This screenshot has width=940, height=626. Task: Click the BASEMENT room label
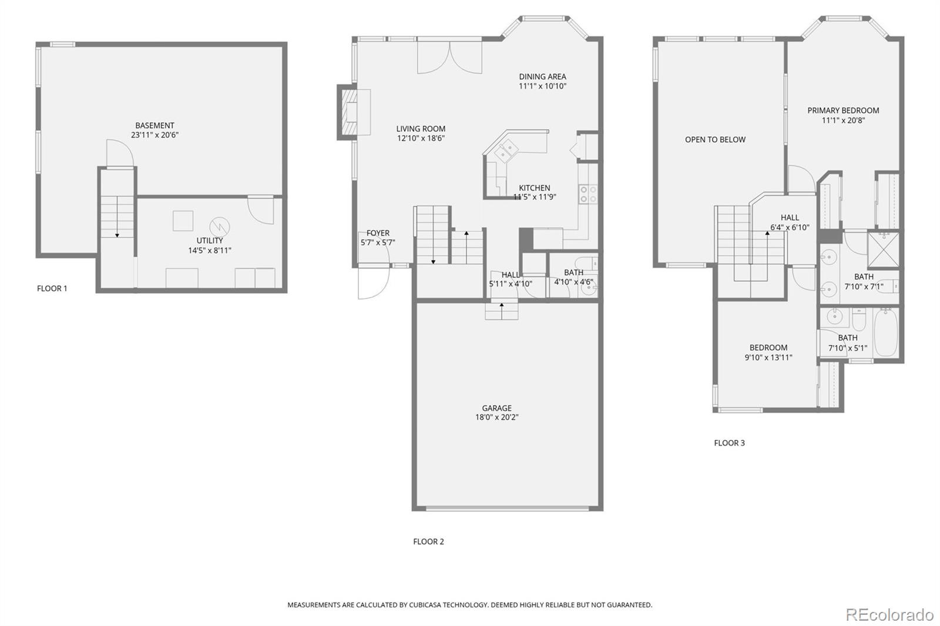155,125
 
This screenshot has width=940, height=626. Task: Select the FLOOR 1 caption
52,288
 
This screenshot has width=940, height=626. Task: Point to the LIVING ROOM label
421,129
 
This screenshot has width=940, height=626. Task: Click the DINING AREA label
542,76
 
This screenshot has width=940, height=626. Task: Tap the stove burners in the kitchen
588,194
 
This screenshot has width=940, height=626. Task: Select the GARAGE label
496,408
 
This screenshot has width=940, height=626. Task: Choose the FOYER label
378,233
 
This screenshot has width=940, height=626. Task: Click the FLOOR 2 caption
428,541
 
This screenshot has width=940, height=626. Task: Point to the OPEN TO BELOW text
715,140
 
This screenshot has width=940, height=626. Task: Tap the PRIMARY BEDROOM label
843,110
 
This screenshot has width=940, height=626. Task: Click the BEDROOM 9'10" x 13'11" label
768,348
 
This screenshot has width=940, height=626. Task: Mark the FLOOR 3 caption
729,443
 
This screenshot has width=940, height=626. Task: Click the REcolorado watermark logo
889,615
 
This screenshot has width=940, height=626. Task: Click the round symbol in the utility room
219,227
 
